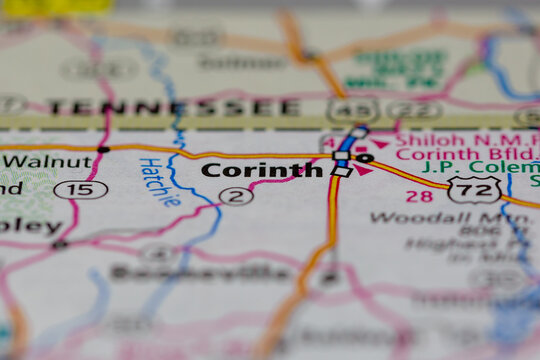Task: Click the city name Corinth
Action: coord(262,170)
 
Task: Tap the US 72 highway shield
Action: coord(469,190)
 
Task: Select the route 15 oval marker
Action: coord(81,189)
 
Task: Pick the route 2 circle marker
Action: coord(235,195)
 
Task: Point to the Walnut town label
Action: coord(47,160)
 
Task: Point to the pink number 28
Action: coord(419,196)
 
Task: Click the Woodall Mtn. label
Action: coord(455,217)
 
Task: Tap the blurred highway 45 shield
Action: coord(352,109)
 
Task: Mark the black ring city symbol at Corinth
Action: coord(365,158)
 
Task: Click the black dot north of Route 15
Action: coord(103,149)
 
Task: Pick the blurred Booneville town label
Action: coord(200,272)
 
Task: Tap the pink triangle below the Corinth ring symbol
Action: coord(362,171)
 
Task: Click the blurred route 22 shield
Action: coord(414,109)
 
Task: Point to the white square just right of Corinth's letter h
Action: coord(342,171)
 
